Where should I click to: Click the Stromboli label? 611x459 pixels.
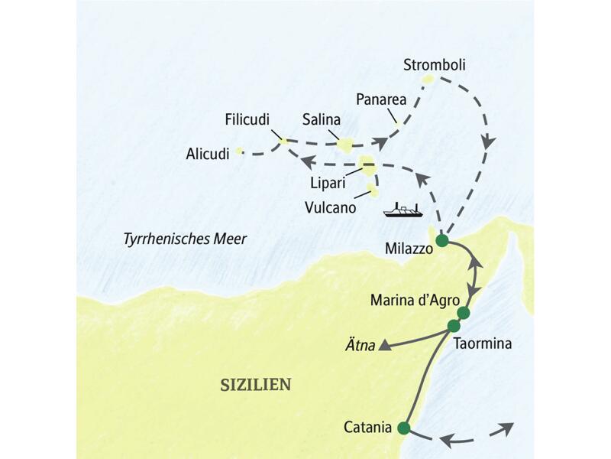(434, 65)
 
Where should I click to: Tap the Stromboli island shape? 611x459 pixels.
(428, 80)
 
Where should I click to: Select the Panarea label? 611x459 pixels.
(380, 99)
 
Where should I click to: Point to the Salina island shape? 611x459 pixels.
(346, 143)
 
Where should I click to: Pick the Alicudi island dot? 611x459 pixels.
(239, 151)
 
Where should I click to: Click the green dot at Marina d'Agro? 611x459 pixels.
(463, 312)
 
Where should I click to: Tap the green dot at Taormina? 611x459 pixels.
(454, 326)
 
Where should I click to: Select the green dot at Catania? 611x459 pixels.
(404, 428)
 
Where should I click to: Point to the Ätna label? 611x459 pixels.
(362, 346)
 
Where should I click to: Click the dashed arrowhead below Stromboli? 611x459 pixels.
(488, 142)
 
